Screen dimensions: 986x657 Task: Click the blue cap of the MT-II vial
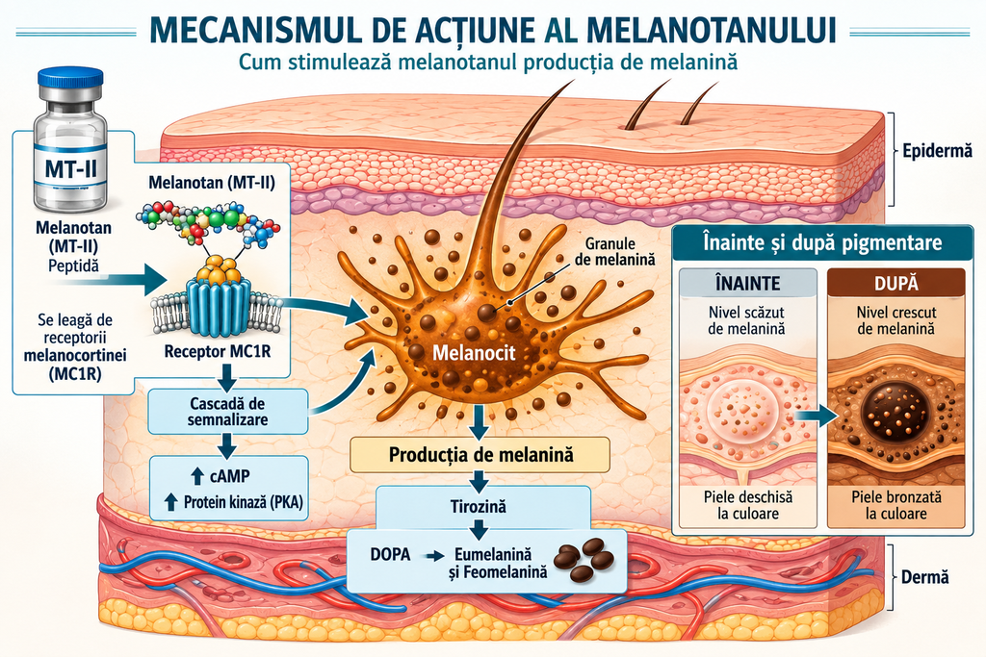70,79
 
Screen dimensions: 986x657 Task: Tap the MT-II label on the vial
70,168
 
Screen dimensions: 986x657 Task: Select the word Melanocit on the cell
474,353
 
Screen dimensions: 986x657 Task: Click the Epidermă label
937,151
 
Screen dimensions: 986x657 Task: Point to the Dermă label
925,576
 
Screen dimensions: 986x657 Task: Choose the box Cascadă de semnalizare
227,412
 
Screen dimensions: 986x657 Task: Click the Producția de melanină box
480,454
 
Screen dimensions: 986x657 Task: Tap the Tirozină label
479,506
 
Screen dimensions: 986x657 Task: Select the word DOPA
390,555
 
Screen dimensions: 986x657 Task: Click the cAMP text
229,476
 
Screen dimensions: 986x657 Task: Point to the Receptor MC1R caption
218,351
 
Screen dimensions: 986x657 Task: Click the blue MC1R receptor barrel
218,308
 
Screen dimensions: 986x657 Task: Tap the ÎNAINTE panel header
747,283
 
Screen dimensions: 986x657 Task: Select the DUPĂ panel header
896,283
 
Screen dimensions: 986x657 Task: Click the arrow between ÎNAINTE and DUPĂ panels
817,415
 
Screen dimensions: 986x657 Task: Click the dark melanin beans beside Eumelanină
584,558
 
